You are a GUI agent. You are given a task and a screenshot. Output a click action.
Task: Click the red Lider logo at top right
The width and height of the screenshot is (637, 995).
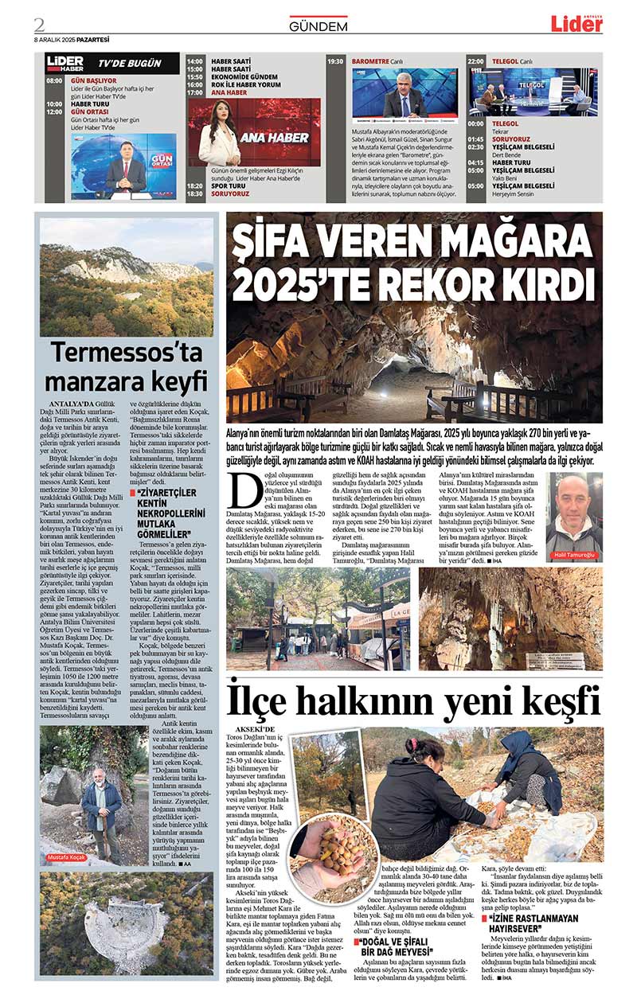576,24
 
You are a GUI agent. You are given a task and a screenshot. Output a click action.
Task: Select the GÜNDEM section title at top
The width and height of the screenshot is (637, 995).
318,26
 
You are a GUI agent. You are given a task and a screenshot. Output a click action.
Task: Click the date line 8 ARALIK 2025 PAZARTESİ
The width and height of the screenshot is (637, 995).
71,39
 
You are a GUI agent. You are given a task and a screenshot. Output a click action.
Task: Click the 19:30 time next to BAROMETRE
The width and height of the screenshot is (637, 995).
335,60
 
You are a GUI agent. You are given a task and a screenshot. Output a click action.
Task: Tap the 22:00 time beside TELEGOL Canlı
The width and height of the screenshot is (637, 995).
475,60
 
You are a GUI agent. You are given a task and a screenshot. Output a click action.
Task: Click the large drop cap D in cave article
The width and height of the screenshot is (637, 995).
246,491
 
